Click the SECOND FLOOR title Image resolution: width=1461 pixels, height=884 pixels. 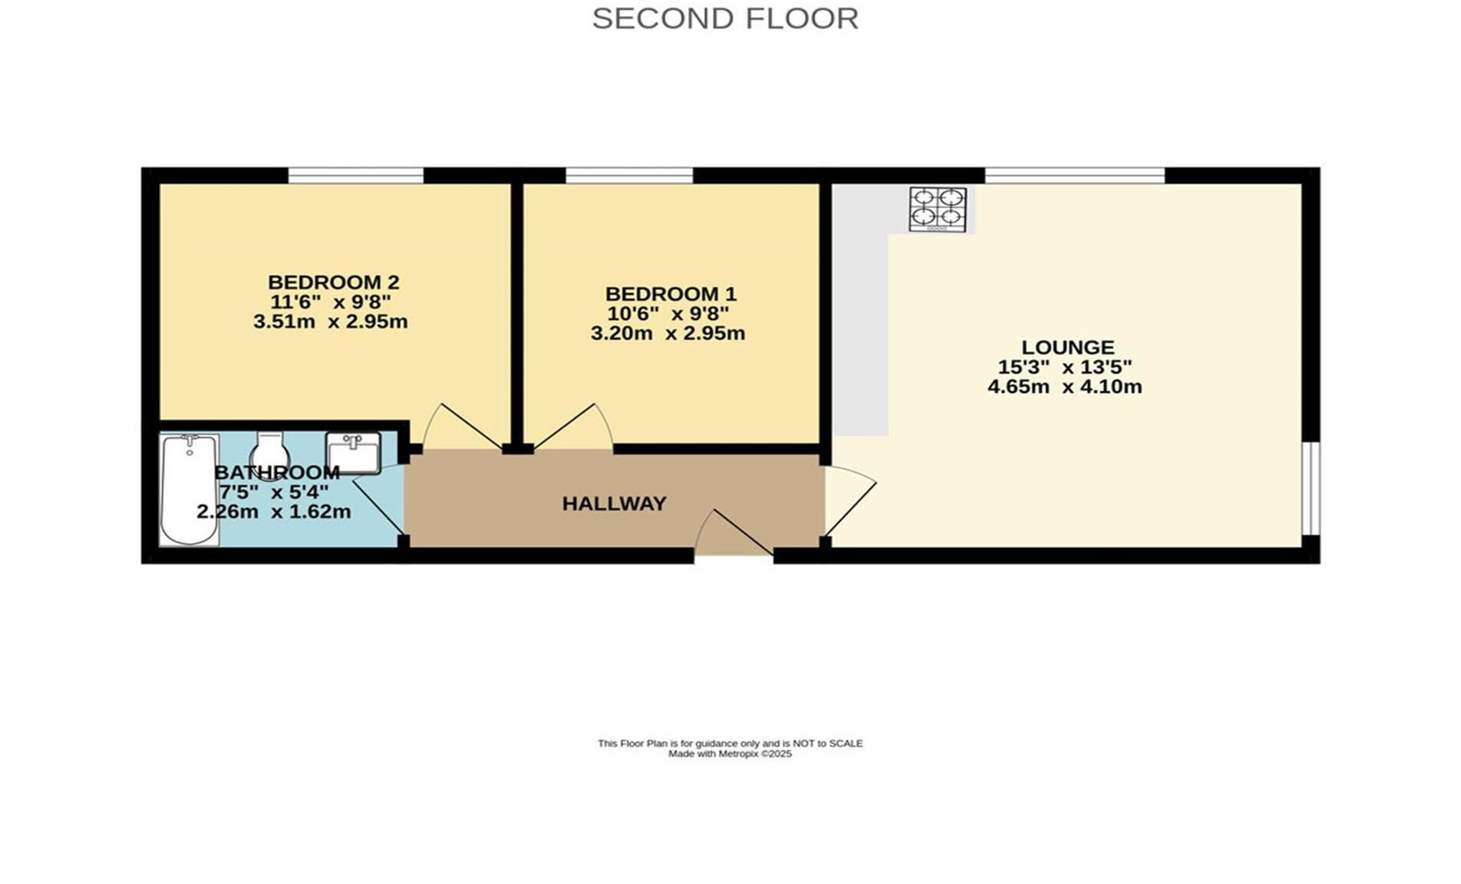pos(725,18)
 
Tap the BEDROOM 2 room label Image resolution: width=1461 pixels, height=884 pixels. pos(333,282)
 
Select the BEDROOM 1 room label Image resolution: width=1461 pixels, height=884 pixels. pos(671,294)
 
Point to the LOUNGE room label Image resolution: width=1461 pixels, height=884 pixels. pos(1067,347)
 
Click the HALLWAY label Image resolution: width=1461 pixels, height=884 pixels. pos(614,503)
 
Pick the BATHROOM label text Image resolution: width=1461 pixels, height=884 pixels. pos(277,472)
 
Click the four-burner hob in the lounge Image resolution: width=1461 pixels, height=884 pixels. pos(938,209)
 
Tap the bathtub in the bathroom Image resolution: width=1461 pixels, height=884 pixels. pos(189,490)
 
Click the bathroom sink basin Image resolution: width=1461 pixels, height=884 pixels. pos(353,454)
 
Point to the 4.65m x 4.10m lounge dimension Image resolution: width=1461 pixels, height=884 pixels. pos(1064,387)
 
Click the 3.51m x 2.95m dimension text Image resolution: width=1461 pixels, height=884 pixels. pos(330,322)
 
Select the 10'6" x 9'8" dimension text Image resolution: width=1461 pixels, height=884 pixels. pos(668,314)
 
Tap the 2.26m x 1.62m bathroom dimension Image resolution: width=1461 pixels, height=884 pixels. pos(274,511)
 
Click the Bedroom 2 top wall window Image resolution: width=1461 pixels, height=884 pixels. pos(356,176)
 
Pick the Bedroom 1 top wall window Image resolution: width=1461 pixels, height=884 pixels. pos(629,176)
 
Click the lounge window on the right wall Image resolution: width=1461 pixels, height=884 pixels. pos(1311,488)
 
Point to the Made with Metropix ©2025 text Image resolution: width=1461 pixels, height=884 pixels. pos(730,754)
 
